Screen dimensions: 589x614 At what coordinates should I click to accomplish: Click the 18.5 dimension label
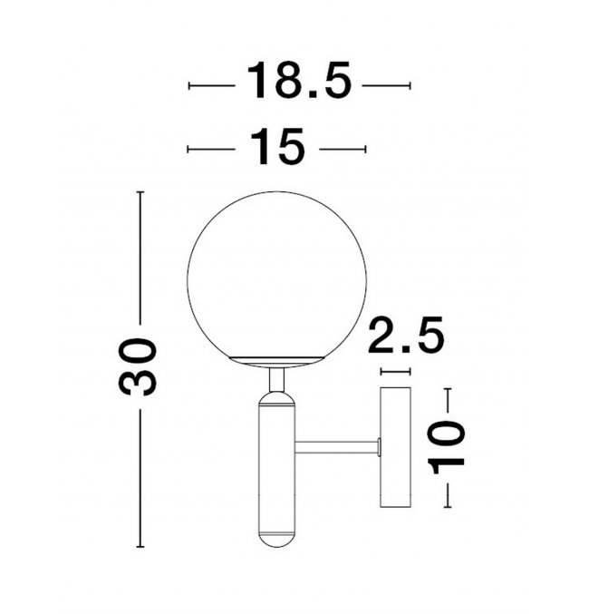click(299, 81)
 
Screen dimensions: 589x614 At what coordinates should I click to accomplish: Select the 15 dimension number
click(277, 146)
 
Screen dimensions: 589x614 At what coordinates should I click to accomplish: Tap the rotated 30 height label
click(138, 366)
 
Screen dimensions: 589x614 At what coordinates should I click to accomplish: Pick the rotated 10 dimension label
click(446, 447)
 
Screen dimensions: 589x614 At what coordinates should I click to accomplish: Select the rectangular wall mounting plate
click(396, 447)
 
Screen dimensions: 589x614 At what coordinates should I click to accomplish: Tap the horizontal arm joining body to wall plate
click(337, 447)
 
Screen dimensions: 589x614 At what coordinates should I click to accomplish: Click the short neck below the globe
click(276, 380)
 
